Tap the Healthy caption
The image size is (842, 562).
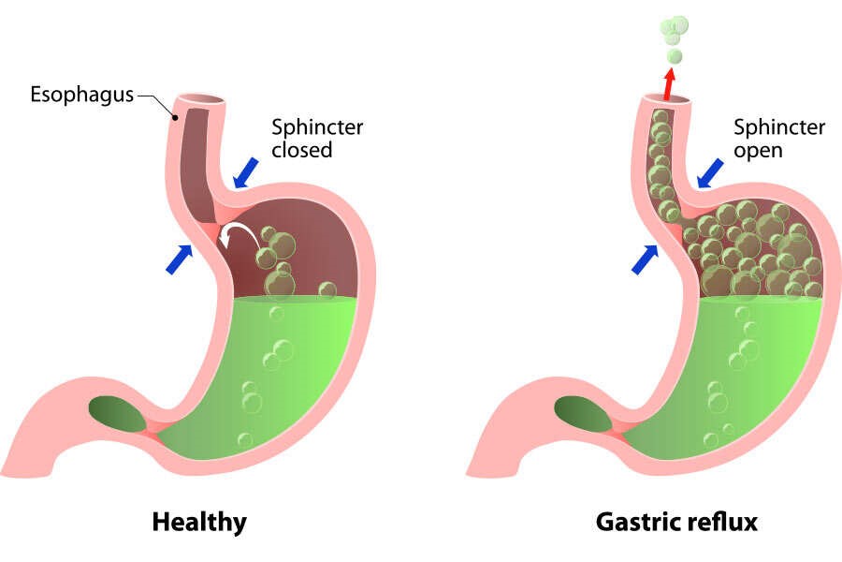199,521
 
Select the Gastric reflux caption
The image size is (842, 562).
676,521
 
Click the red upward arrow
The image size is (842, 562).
668,82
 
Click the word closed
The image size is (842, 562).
301,149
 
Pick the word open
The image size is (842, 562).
759,149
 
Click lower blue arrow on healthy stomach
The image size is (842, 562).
179,259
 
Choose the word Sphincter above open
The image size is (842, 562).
778,126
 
